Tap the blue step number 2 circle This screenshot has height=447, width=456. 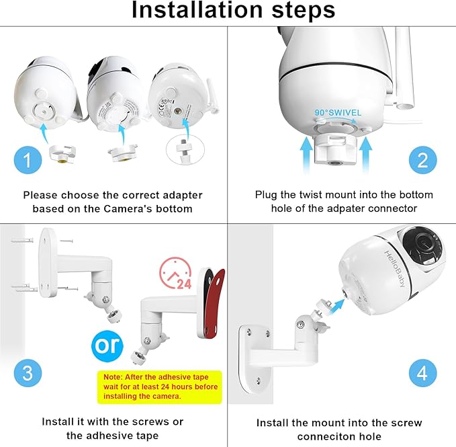point(422,160)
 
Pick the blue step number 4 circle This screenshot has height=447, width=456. point(422,372)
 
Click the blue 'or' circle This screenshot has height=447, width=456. point(107,344)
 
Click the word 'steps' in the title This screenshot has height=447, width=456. point(302,11)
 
